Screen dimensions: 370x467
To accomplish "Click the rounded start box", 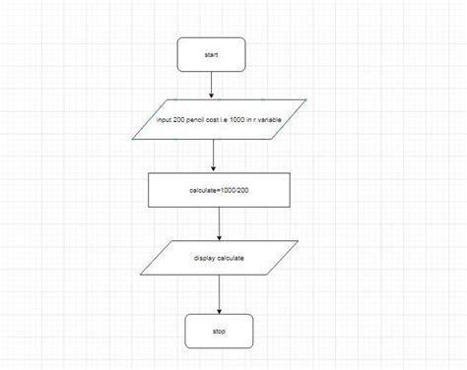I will [210, 55].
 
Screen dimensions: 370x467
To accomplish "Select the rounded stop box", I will [218, 332].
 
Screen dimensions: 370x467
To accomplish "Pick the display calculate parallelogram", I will [219, 259].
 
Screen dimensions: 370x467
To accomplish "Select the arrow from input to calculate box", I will [214, 155].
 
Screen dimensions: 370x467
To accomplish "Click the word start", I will [210, 55].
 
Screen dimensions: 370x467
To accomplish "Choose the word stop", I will [218, 332].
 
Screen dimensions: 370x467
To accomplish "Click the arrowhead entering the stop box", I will [218, 310].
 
